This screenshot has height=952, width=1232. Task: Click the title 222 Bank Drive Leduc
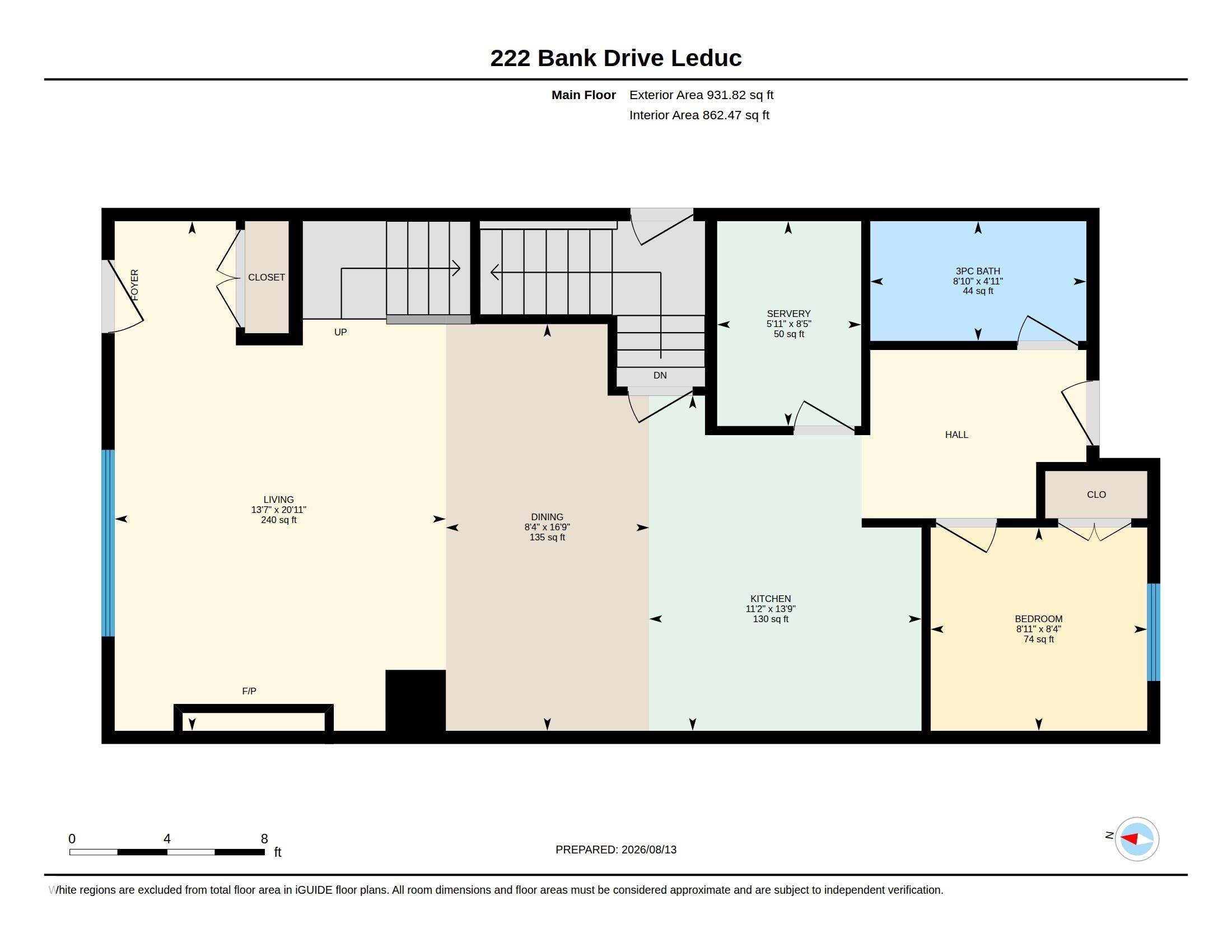pos(615,58)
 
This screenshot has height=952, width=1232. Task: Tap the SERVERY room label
pos(788,314)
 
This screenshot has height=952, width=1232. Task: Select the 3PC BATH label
pos(978,271)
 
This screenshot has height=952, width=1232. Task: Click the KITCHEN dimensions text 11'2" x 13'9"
pos(770,609)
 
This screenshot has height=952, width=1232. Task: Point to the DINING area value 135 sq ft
pos(547,538)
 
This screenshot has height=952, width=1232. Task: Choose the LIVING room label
pos(278,500)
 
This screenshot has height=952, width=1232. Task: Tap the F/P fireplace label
pos(249,691)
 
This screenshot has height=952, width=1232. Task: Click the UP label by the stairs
pos(340,332)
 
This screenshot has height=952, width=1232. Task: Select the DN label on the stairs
pos(660,375)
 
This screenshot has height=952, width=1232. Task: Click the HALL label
pos(956,435)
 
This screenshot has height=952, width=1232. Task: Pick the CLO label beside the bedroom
pos(1096,494)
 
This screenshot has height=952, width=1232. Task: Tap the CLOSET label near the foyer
pos(266,277)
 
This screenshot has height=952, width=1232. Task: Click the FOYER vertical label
pos(134,285)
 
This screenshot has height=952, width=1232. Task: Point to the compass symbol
pos(1137,839)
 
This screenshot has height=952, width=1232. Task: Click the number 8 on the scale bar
pos(264,839)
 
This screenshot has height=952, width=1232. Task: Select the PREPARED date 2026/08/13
pos(648,850)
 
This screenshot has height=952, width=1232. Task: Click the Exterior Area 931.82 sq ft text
pos(701,95)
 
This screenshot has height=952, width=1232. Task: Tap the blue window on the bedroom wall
pos(1154,632)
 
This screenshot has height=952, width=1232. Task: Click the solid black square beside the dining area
pos(415,701)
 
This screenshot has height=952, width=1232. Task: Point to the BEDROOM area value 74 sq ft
pos(1038,640)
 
